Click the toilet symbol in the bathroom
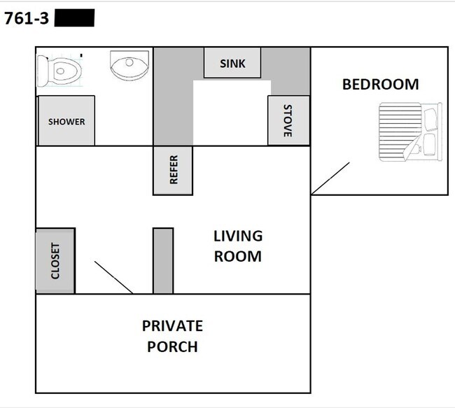tap(61, 69)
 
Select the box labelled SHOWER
tap(66, 121)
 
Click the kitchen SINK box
tap(232, 63)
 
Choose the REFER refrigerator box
tap(173, 170)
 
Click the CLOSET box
tap(55, 261)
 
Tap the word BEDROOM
tap(380, 85)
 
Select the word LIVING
tap(238, 237)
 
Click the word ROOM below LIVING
tap(238, 256)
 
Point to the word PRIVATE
tap(172, 326)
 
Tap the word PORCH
tap(172, 346)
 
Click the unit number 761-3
tap(27, 19)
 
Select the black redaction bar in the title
tap(73, 18)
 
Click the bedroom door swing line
tap(330, 178)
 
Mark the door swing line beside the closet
tap(113, 278)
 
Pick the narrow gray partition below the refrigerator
tap(163, 260)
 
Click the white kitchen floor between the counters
tap(231, 112)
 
